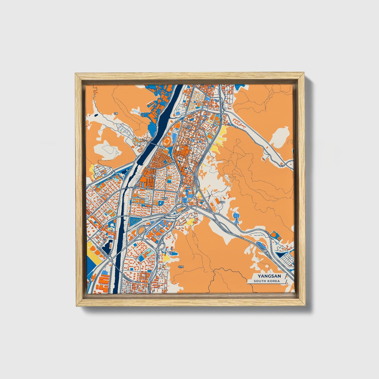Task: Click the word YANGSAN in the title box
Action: pos(266,276)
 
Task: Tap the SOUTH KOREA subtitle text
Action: pos(266,281)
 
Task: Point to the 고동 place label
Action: pos(116,114)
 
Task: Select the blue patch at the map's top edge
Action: pos(240,87)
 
